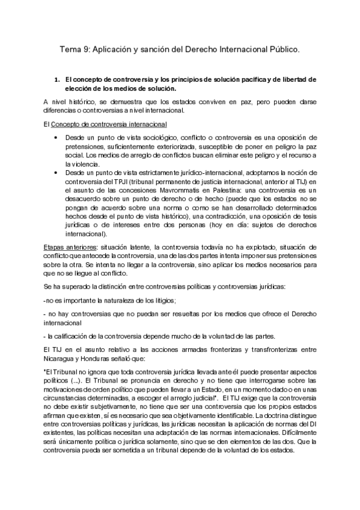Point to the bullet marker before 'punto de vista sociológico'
coord(56,138)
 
